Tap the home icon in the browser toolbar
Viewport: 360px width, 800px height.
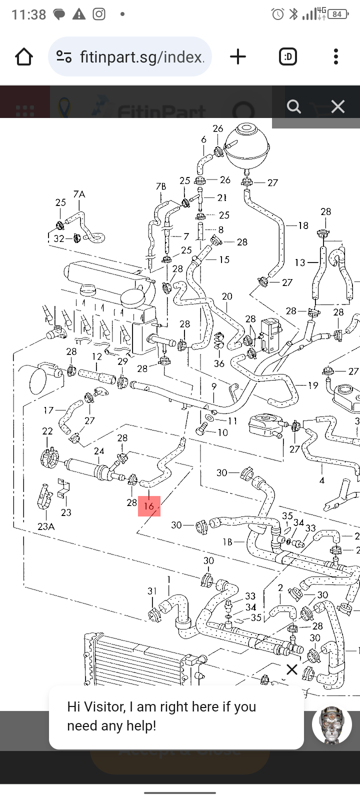point(24,57)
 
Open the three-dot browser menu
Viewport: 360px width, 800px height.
point(336,57)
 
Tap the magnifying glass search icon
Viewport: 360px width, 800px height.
point(294,106)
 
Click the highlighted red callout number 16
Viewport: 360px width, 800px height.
point(149,506)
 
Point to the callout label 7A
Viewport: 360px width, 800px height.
point(79,194)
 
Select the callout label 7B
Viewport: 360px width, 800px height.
point(161,186)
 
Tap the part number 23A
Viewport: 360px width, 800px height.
point(46,526)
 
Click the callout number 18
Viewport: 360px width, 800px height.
point(303,225)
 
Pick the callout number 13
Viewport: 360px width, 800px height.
point(300,262)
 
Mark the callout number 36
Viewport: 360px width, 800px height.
point(219,363)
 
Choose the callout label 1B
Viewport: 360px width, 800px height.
point(227,542)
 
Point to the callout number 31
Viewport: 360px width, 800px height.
point(152,591)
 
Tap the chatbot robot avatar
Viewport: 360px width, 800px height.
point(331,725)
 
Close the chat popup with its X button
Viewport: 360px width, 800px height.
point(292,669)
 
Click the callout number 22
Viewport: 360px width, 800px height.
point(47,431)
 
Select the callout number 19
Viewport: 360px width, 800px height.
point(313,385)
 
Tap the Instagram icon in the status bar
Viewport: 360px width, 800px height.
point(99,14)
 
